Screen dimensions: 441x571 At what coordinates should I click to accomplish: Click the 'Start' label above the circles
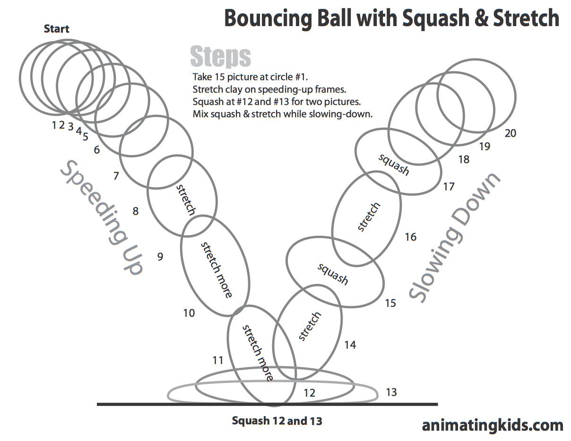pos(56,28)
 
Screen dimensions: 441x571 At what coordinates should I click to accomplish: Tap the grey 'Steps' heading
pos(220,57)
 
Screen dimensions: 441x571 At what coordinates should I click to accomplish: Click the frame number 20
pos(510,133)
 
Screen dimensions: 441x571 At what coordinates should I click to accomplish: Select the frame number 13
pos(391,392)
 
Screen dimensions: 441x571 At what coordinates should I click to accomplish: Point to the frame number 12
pos(309,393)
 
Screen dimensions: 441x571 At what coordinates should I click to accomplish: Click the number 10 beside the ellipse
pos(189,313)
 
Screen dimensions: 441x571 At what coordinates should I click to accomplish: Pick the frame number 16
pos(410,236)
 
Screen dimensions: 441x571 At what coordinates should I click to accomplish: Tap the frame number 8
pos(136,211)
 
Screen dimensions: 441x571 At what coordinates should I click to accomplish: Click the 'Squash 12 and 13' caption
pos(277,421)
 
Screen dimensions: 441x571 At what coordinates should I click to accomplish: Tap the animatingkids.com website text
pos(492,425)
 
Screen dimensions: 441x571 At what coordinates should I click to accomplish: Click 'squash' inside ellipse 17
pos(394,164)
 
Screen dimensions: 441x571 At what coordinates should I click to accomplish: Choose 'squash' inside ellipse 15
pos(333,274)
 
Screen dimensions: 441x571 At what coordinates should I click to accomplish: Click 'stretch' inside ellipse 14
pos(310,326)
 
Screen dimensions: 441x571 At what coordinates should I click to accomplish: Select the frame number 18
pos(464,159)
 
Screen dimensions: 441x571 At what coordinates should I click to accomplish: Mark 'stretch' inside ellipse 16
pos(369,217)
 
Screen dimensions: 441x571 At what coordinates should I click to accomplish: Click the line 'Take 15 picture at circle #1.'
pos(251,77)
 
